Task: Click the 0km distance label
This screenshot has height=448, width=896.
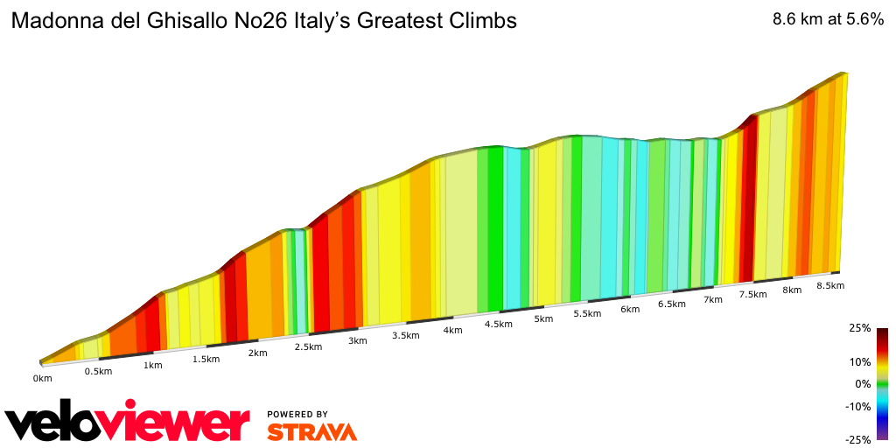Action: (43, 378)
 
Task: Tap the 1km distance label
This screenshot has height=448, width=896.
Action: (153, 365)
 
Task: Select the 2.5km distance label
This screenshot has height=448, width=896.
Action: (308, 346)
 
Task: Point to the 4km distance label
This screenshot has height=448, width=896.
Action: (452, 330)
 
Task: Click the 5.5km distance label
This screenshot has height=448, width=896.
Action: (587, 314)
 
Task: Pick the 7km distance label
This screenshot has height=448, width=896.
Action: (713, 299)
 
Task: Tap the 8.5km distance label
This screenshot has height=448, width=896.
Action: (829, 286)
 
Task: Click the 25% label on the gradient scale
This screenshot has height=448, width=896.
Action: (859, 328)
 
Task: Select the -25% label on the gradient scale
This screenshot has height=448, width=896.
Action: (857, 439)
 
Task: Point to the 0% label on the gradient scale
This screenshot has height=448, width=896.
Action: (863, 384)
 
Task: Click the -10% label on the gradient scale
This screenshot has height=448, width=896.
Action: (857, 406)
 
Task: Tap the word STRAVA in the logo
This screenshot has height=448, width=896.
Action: (311, 431)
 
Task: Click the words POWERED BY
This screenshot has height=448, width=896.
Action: (297, 414)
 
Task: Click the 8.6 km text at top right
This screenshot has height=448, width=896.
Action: (797, 21)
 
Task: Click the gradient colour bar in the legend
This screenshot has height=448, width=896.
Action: (883, 383)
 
